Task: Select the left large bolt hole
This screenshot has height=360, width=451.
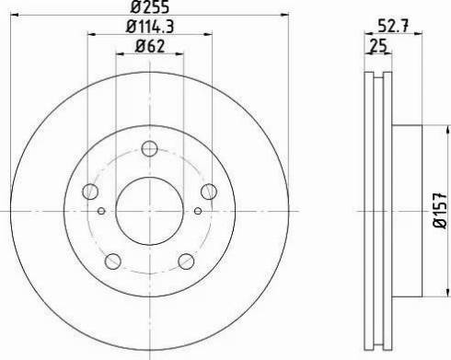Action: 90,192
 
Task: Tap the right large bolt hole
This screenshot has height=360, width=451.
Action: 210,192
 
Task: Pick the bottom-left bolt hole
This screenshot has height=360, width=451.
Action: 112,260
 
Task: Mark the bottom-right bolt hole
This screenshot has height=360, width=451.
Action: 188,260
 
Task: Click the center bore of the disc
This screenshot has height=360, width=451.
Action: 150,208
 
